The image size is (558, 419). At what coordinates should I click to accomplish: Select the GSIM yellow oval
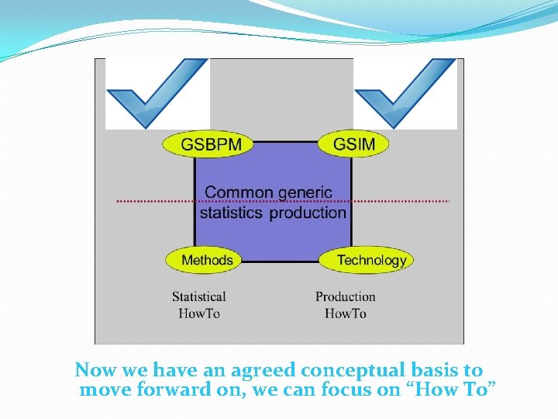click(x=353, y=144)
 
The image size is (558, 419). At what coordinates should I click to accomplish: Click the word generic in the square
click(x=305, y=192)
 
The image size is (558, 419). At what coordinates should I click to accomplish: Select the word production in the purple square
click(x=308, y=213)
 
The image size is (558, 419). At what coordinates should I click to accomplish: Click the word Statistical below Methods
click(x=199, y=296)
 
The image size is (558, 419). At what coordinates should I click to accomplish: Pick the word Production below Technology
click(x=345, y=296)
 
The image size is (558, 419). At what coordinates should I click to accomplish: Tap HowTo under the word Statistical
click(x=199, y=313)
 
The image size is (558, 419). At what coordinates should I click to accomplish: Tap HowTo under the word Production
click(x=345, y=313)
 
